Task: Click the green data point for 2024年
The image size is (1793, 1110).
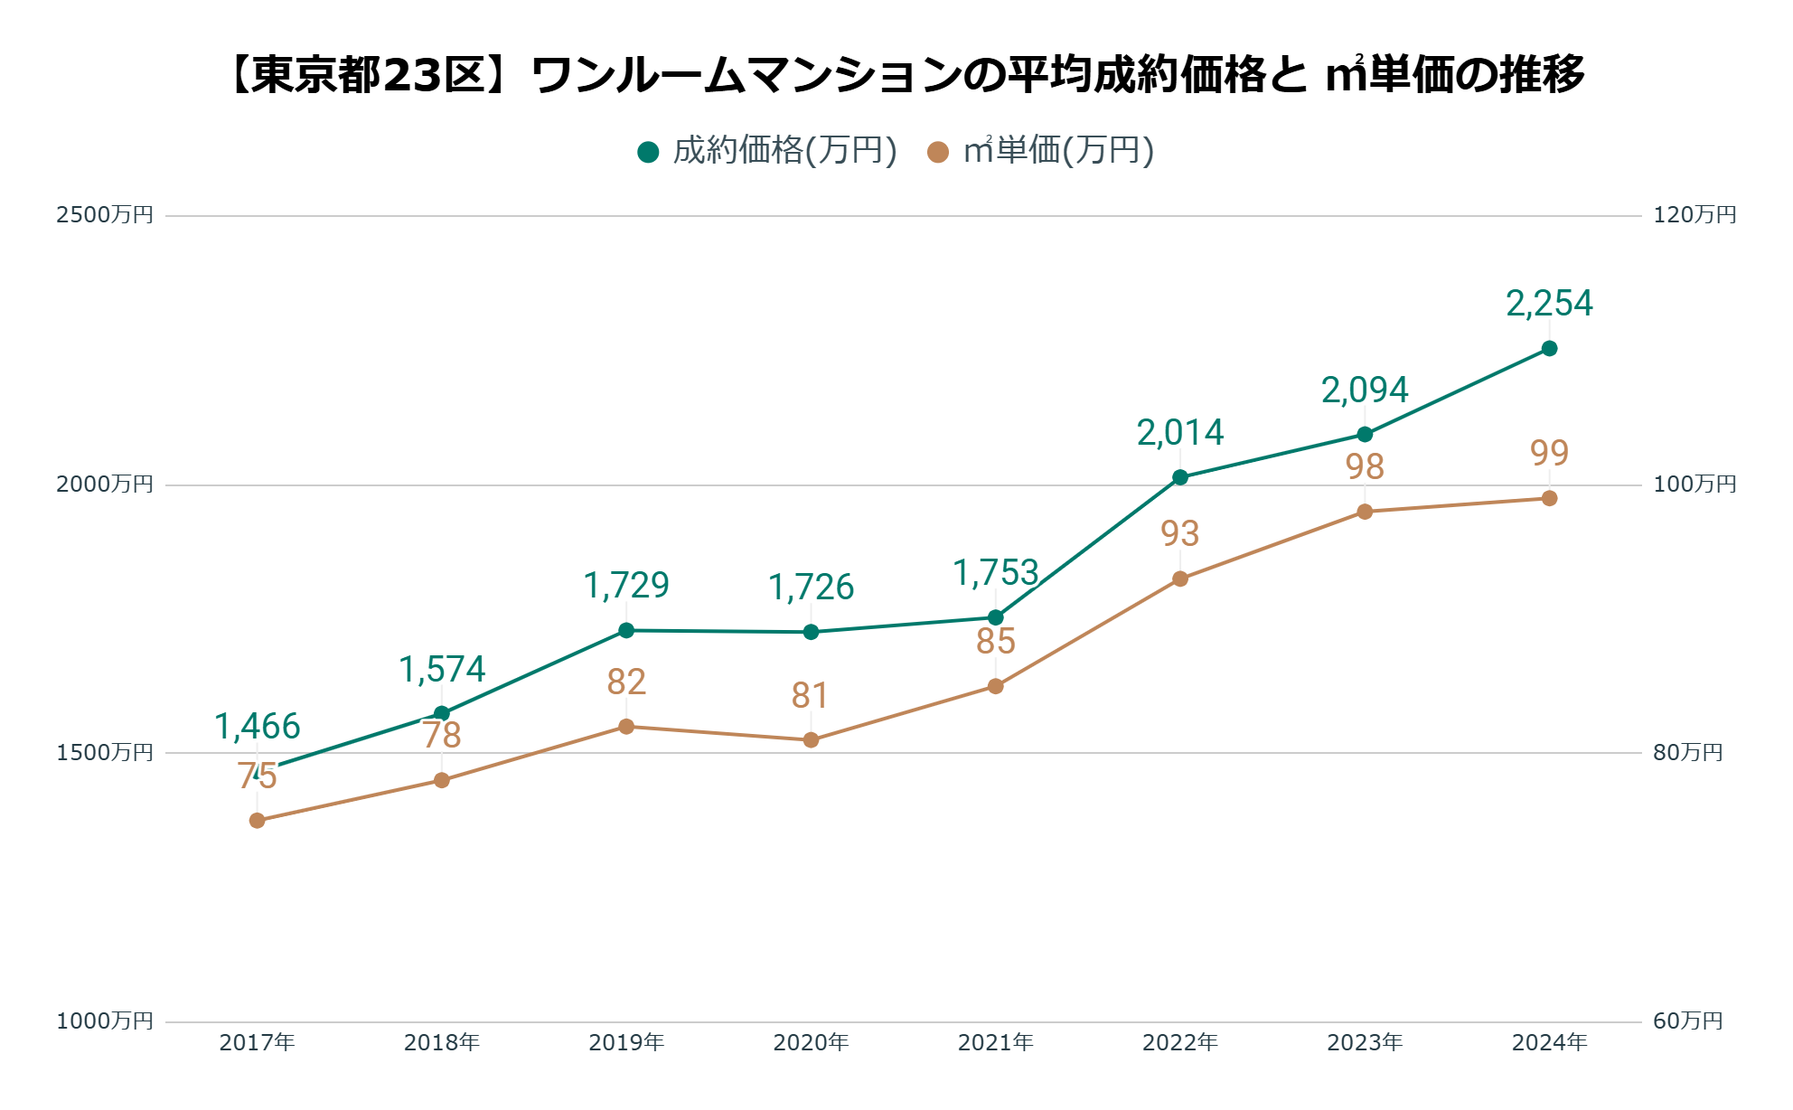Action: (1549, 349)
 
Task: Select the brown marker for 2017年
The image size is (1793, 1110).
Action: (258, 821)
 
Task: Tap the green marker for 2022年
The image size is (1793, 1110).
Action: (1180, 477)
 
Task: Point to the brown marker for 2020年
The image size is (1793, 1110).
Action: (811, 740)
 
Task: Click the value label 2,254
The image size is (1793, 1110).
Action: (1549, 304)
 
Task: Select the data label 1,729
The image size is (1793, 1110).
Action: (626, 586)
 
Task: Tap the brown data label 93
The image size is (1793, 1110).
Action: (1180, 534)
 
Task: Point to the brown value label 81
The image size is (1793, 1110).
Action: (811, 696)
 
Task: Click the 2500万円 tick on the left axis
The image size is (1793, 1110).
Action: (105, 215)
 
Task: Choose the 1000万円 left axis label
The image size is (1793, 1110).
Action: (105, 1021)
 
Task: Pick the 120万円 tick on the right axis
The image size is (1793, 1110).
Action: (1694, 215)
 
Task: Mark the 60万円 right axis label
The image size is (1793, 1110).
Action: (1687, 1021)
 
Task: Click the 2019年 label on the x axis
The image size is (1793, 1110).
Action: (626, 1043)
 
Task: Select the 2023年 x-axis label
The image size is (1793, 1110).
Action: (1365, 1043)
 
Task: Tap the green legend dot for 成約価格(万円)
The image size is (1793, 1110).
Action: (648, 152)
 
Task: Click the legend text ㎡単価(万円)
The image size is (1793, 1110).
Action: (1059, 151)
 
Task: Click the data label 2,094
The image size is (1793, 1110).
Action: (1365, 390)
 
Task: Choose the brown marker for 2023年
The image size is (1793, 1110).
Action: (1365, 512)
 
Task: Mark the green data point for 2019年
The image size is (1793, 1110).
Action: (626, 630)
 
